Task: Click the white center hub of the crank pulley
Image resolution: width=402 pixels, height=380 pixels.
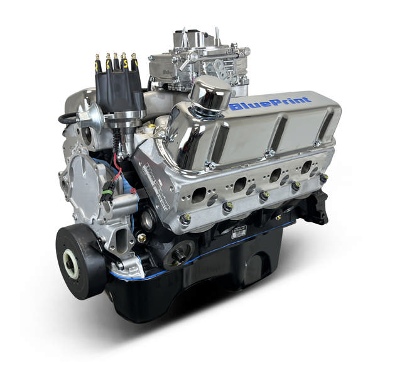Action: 70,263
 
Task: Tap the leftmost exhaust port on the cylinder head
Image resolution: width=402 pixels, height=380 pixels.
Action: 200,194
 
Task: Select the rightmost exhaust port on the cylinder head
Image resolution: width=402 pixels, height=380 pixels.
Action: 306,167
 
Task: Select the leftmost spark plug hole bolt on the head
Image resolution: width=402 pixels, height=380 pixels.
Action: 187,218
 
